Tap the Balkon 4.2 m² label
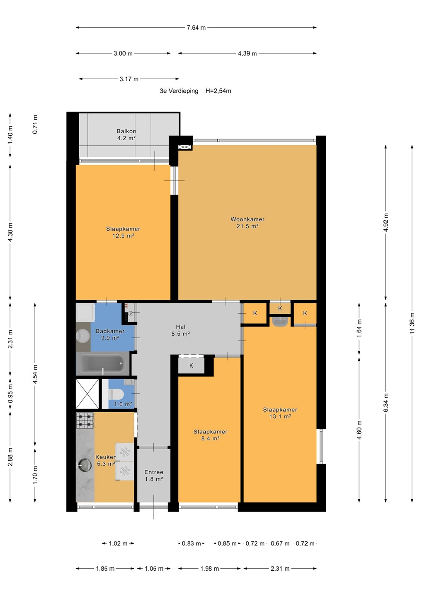126,135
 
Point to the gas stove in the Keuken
85,421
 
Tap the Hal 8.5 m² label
181,330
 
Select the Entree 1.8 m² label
154,476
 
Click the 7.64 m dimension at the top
196,28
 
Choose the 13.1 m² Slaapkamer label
280,413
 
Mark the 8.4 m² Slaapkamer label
211,435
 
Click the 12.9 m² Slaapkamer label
123,232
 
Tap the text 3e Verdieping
179,91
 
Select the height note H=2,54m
218,91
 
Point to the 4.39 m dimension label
247,53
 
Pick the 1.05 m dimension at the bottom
154,569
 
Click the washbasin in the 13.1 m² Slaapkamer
280,322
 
